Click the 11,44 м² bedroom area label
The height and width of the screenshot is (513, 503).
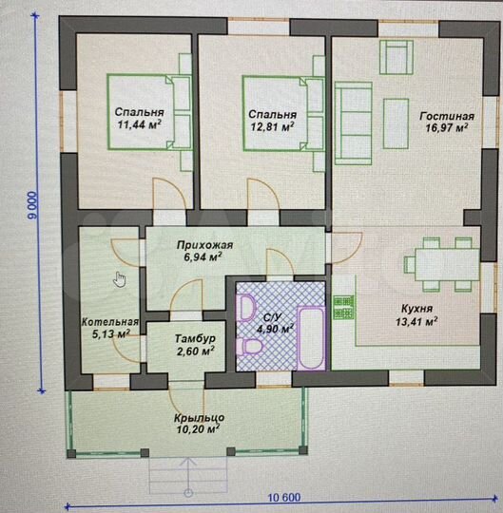pos(139,124)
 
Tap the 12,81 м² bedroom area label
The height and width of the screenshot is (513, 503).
pos(273,126)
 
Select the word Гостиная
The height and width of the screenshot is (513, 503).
pos(447,116)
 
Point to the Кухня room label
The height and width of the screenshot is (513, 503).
pos(416,309)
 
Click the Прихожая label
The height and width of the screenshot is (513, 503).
pos(204,245)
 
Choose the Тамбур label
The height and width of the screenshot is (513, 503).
pos(195,338)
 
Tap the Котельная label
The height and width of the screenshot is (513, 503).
pos(110,322)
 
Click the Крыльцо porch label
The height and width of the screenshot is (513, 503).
pos(199,418)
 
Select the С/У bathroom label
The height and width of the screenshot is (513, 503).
pos(272,317)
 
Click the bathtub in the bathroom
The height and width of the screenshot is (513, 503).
pos(311,338)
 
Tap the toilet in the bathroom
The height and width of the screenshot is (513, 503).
pos(249,347)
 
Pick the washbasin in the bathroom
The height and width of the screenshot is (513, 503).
pos(247,308)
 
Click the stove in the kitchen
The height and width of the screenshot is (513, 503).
pos(343,308)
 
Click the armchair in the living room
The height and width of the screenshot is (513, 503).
pos(396,57)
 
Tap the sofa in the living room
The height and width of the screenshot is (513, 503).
pos(354,123)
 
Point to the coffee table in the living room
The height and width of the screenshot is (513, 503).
pos(396,123)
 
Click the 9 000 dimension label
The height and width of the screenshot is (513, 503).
pos(33,205)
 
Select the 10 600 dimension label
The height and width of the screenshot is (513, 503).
pos(284,498)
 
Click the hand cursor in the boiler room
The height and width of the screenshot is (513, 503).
pos(119,279)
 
